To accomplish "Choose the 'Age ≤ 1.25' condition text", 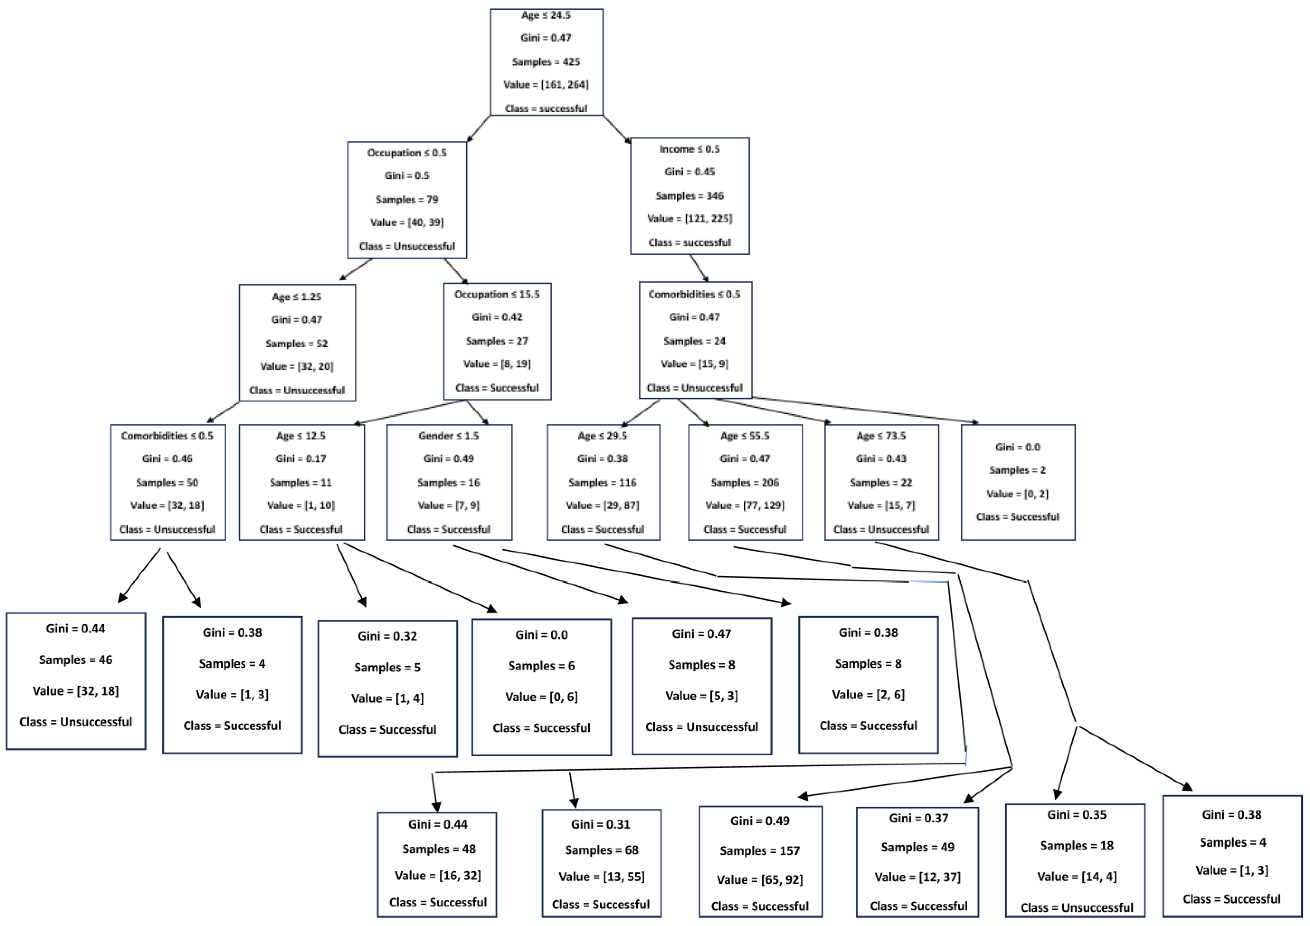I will point(297,297).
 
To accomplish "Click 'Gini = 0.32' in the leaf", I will point(388,636).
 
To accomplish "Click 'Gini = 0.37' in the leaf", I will point(918,819).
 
